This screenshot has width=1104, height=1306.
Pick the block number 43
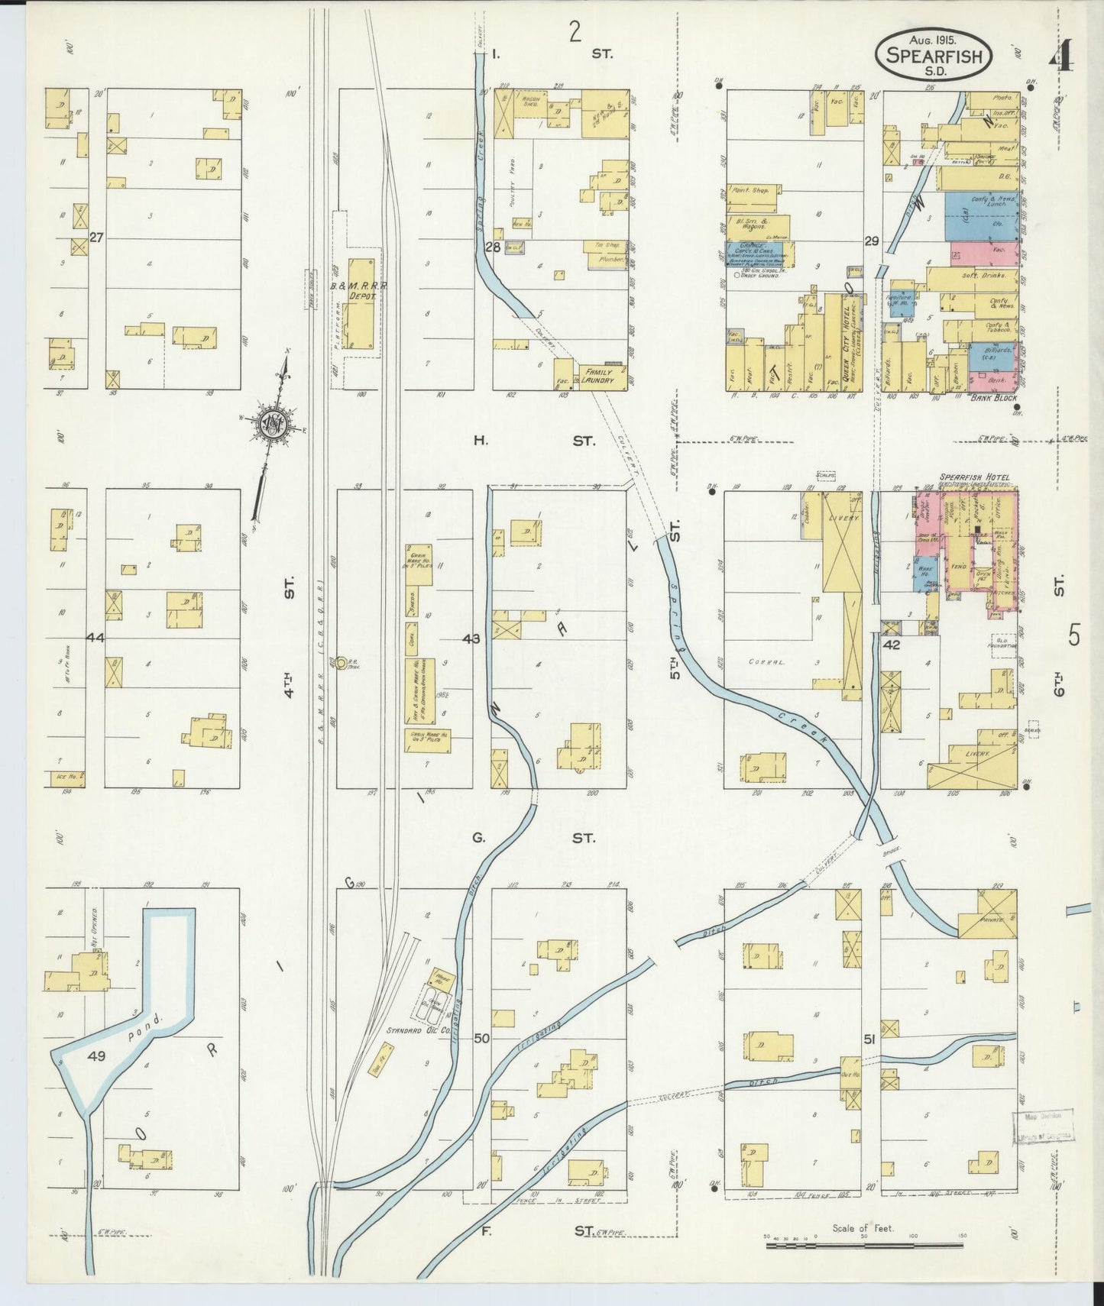pos(471,638)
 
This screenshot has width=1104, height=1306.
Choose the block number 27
pos(96,238)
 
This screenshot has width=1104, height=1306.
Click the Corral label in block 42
pos(762,663)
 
